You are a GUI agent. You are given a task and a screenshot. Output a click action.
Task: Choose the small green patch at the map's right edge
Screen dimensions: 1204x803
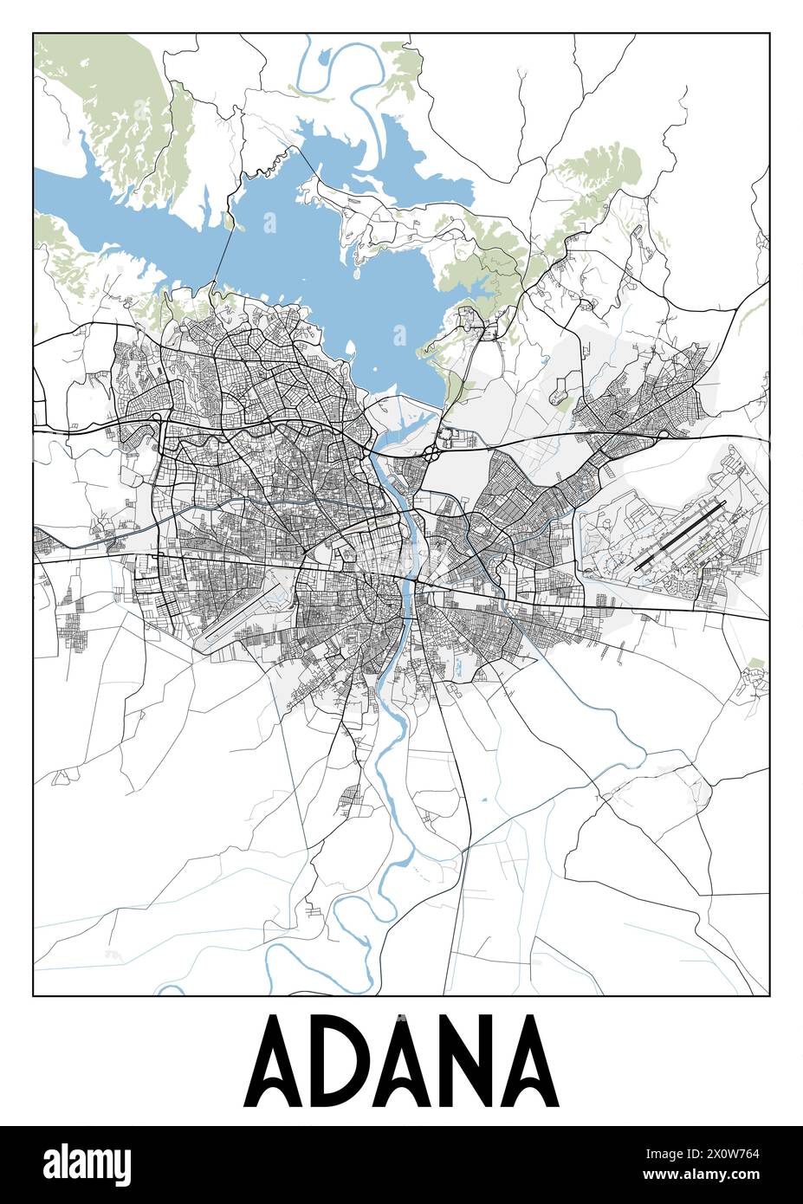point(755,665)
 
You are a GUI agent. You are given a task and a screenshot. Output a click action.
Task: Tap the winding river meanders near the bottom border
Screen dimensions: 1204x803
point(346,918)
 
